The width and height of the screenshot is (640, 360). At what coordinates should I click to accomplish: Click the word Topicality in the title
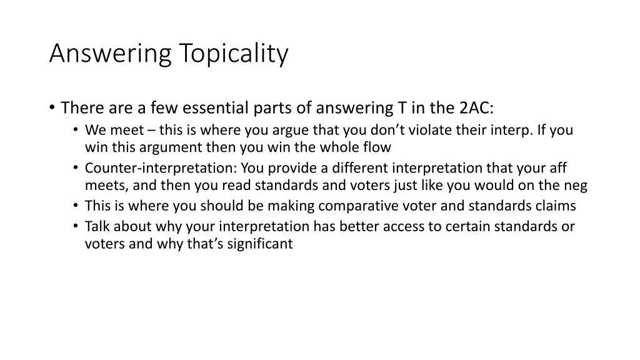234,54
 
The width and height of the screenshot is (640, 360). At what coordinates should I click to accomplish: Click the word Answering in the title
110,54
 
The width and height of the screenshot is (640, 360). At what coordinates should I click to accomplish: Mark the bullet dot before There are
52,107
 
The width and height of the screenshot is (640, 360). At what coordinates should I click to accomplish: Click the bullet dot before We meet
76,130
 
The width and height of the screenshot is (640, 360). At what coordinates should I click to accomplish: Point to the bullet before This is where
76,205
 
